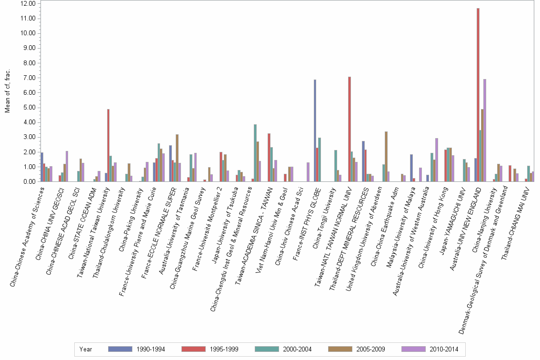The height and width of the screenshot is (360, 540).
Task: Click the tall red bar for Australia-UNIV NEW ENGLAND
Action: pyautogui.click(x=478, y=95)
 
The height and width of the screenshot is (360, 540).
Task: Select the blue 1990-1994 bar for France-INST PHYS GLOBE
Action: pyautogui.click(x=315, y=130)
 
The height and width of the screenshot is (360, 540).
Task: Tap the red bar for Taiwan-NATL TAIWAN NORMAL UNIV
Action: pyautogui.click(x=349, y=129)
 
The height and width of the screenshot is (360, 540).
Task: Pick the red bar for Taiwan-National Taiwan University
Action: pyautogui.click(x=109, y=145)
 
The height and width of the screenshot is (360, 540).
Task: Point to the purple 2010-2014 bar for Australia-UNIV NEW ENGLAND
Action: pyautogui.click(x=485, y=130)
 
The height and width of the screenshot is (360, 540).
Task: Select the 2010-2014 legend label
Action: pyautogui.click(x=444, y=349)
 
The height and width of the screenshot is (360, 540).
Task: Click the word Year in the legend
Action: pyautogui.click(x=86, y=349)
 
